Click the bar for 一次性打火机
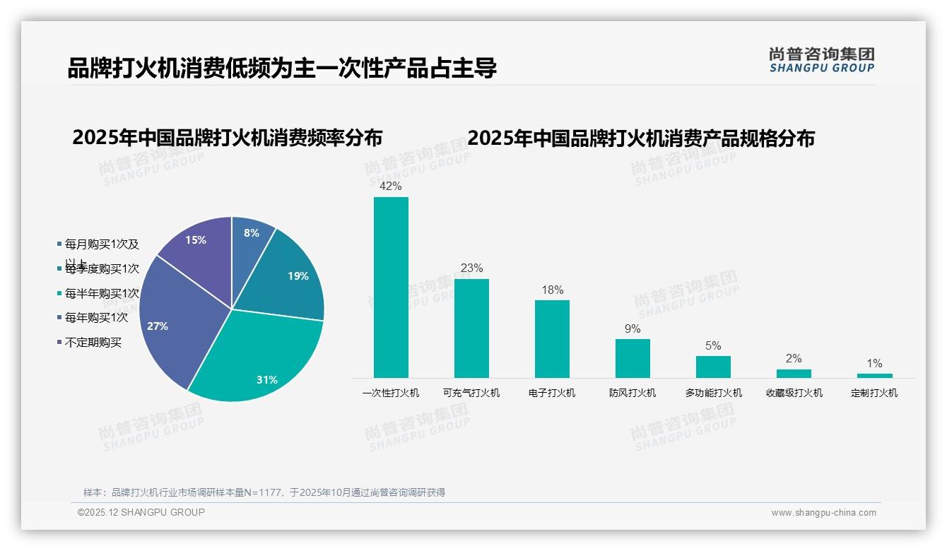391,287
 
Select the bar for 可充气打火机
471,328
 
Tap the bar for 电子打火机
552,338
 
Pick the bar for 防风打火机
633,358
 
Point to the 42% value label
391,186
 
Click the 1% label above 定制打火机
874,363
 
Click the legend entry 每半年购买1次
101,293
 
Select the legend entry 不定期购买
93,343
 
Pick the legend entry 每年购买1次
96,318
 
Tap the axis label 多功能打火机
713,393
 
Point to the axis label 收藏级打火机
794,393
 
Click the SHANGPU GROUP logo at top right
821,60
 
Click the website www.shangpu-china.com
823,513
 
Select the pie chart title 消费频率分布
227,137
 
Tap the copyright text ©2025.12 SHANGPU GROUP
141,512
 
